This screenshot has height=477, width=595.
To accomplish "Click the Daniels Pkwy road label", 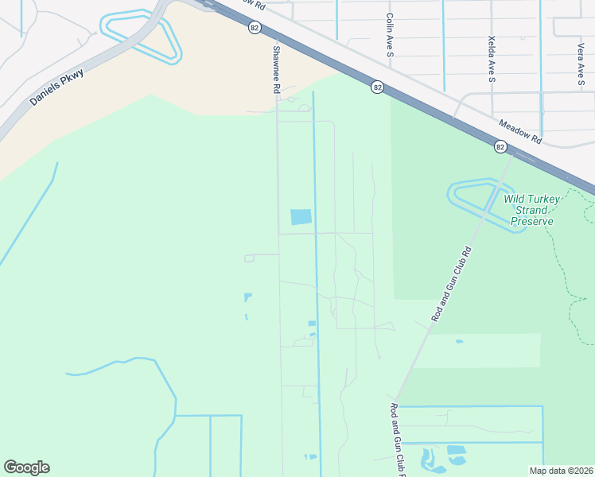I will pos(56,87).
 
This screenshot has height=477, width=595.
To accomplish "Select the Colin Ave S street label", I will pos(390,34).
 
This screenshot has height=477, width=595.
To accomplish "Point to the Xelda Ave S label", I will pos(492,59).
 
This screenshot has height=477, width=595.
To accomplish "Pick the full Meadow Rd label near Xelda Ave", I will pos(520,131).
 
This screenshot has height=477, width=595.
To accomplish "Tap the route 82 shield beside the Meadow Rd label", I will pos(500,146).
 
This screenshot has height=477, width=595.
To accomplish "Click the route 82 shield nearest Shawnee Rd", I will pos(254,27).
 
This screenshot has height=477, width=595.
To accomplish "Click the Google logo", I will pos(26,467).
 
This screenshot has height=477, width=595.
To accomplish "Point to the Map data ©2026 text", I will pos(562,471).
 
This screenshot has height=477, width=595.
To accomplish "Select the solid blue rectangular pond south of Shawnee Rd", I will pos(301,217).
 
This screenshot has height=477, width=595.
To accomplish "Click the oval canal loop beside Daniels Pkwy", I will pos(142,37).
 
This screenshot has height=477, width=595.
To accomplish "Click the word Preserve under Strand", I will pos(531,221).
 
